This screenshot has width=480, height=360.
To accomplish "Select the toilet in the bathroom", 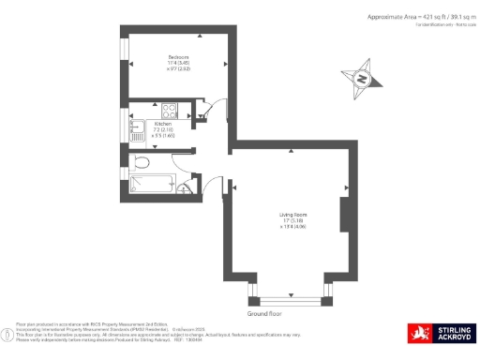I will tap(141, 163).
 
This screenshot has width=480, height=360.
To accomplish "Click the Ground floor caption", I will tap(264, 303).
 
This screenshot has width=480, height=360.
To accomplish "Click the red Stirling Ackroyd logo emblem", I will tap(416, 333).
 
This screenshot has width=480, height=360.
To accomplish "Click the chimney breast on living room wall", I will tap(345, 217).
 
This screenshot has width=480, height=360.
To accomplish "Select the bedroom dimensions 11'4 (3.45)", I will tap(177, 63).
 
